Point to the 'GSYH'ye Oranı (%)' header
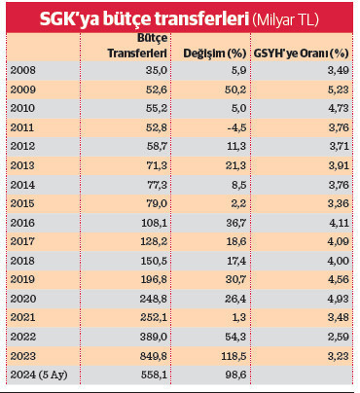(x=300, y=54)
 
